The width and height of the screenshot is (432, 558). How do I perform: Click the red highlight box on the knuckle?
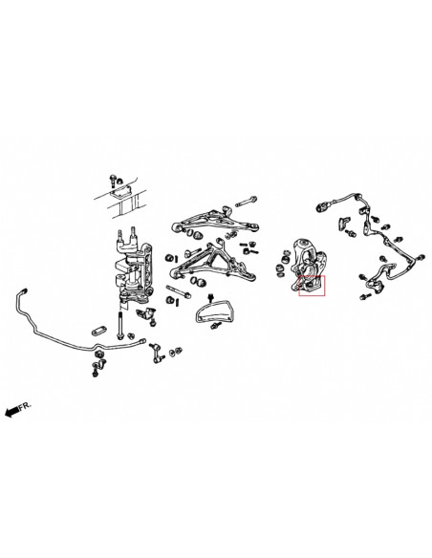coord(312,287)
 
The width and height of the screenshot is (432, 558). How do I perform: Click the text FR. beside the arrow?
coord(28,379)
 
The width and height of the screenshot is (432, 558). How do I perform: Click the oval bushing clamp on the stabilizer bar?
coord(98,327)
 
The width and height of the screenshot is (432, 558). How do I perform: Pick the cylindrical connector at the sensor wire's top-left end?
coord(336,201)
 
